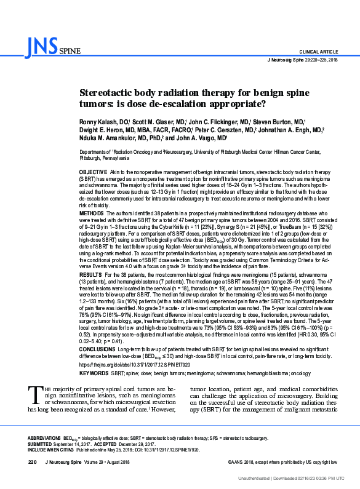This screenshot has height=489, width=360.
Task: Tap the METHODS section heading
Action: (92, 213)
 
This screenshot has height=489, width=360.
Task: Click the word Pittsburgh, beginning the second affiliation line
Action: (93, 157)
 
